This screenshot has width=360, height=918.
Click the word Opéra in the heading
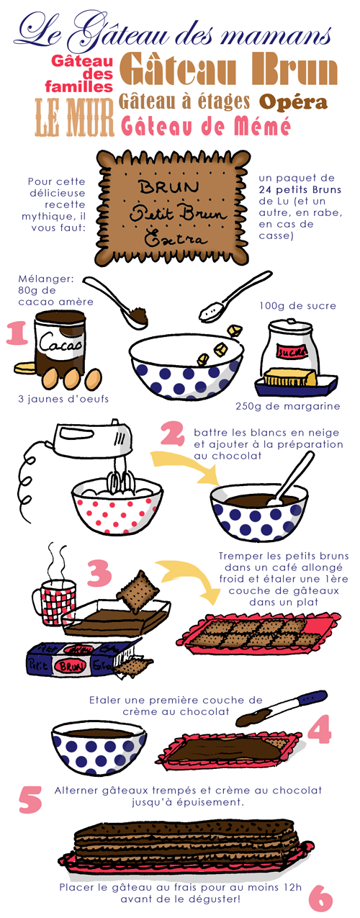click(293, 102)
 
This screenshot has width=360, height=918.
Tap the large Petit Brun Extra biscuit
click(172, 207)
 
